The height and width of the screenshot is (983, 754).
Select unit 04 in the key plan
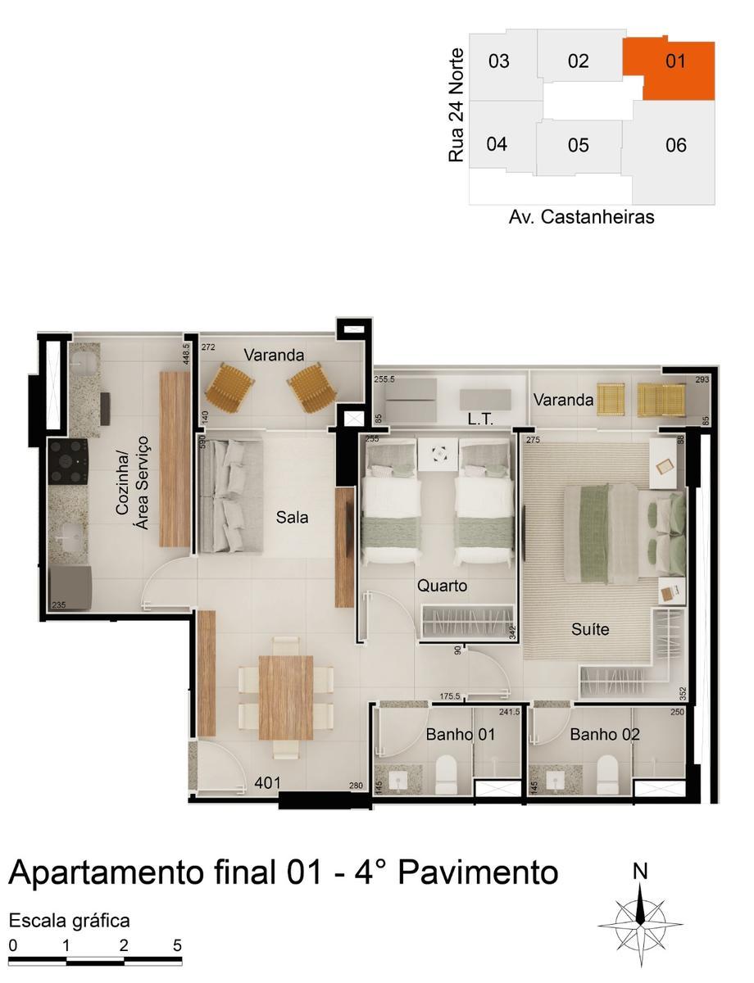coord(497,145)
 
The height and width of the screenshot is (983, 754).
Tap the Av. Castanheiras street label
coord(581,217)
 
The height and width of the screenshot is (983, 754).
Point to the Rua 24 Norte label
coord(456,105)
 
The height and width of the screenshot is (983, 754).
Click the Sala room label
coord(292,518)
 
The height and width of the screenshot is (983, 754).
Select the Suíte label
coord(590,630)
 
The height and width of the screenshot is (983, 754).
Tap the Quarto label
coord(442,586)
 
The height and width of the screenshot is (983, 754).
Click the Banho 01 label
coord(460,734)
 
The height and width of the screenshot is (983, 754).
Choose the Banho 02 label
coord(605,734)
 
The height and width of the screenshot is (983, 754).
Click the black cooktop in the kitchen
coord(68,462)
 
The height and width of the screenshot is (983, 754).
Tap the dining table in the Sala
coord(285,697)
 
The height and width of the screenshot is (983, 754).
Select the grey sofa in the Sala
coord(230,496)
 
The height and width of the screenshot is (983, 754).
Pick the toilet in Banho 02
coord(607,774)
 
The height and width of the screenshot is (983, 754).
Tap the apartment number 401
coord(268,783)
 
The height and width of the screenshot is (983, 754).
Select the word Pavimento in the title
coord(478,872)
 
